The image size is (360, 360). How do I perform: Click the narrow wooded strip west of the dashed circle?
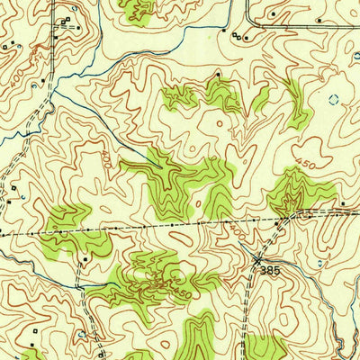pos(295,99)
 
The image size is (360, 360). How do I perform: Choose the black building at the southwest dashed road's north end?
pos(84,258)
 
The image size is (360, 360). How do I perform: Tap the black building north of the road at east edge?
pos(343,205)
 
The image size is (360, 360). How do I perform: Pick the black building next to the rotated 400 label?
pos(35,85)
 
